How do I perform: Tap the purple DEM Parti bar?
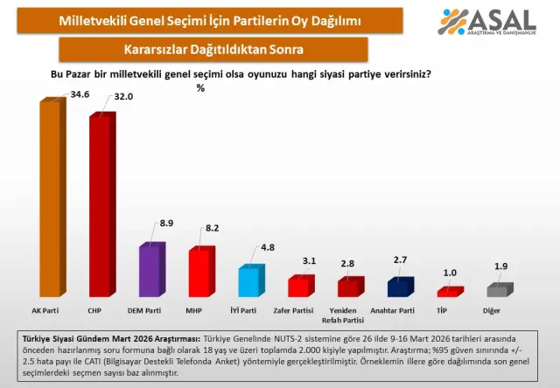tap(151, 271)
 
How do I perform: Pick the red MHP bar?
tap(200, 274)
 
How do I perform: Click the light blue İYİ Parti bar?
tap(250, 282)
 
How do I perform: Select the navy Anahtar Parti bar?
tap(401, 288)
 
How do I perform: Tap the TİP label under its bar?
tap(450, 309)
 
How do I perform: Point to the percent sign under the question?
tap(200, 87)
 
